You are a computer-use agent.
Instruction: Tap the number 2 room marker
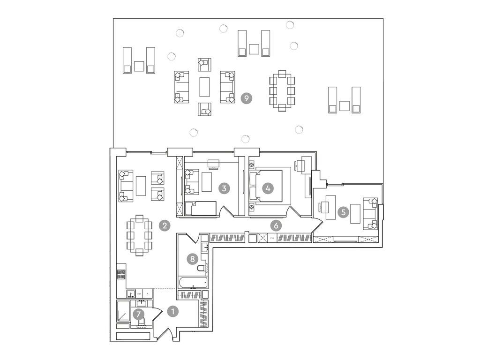[164, 225]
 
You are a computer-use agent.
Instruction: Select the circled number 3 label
[225, 188]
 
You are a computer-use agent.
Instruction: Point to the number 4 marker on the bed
[268, 188]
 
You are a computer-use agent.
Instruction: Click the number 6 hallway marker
[277, 225]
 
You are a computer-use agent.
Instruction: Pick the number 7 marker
[138, 314]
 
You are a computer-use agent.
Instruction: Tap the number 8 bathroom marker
[191, 258]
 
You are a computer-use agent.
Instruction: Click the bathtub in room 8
[192, 283]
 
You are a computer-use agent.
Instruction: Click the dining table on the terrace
[282, 91]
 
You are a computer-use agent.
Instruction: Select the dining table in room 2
[139, 234]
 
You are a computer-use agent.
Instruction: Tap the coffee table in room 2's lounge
[141, 186]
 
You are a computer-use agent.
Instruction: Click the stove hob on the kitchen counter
[121, 274]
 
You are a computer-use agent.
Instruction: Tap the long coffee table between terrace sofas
[205, 87]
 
